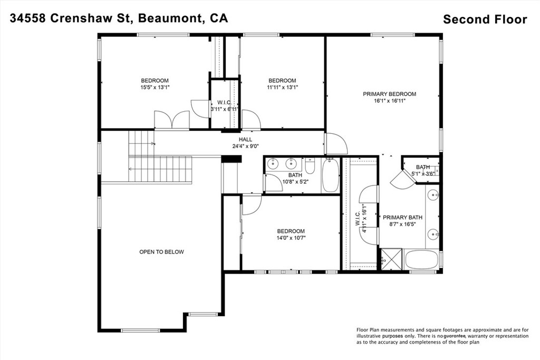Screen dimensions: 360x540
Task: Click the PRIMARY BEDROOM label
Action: point(389,94)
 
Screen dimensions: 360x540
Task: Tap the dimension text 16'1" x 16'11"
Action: point(389,101)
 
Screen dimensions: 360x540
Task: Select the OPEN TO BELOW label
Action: point(161,252)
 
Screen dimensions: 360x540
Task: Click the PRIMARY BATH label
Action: point(402,217)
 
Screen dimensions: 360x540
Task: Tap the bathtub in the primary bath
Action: point(421,259)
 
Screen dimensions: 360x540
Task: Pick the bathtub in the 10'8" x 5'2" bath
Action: point(331,177)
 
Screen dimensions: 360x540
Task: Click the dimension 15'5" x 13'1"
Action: point(155,87)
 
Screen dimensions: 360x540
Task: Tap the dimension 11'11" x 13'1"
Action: point(282,87)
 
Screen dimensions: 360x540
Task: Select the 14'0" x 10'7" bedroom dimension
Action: point(291,238)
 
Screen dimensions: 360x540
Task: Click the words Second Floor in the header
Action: point(485,20)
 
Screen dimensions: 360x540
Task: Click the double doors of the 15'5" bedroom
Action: point(171,120)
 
